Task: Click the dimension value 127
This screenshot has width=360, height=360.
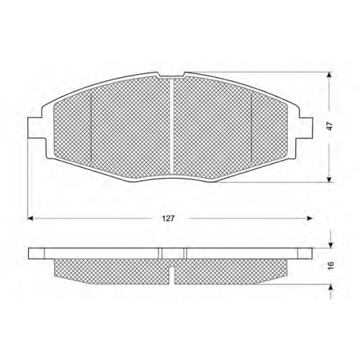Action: pos(168,219)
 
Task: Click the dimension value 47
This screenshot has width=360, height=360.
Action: pos(330,127)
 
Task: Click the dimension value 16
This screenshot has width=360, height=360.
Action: pos(331,265)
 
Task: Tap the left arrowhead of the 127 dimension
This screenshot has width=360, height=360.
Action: pos(30,218)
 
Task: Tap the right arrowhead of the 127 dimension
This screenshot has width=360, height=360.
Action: pos(310,218)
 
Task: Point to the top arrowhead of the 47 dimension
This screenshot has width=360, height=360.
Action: pos(330,75)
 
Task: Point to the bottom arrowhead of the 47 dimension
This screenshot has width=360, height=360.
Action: pos(330,180)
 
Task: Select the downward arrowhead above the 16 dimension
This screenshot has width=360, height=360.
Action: pos(330,245)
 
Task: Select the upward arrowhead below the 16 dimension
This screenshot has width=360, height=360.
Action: pos(330,288)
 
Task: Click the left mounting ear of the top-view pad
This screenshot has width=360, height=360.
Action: pos(36,128)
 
